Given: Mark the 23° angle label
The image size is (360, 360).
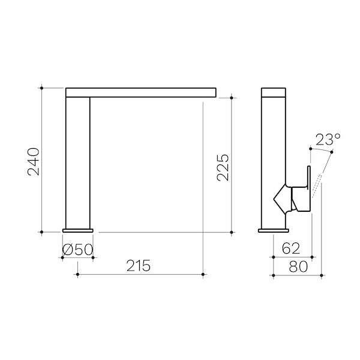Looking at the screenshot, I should pyautogui.click(x=328, y=140).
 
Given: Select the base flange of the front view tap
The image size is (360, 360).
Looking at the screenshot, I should pyautogui.click(x=78, y=229).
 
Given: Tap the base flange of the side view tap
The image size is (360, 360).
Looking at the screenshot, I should pyautogui.click(x=274, y=229).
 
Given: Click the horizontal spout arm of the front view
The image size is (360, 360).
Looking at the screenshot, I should pyautogui.click(x=141, y=92).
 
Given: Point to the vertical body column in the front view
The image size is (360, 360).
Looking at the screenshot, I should pyautogui.click(x=78, y=162).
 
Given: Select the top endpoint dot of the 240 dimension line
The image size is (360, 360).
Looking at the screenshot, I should pyautogui.click(x=41, y=88).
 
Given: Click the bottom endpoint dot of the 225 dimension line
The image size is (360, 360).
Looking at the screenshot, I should pyautogui.click(x=232, y=231).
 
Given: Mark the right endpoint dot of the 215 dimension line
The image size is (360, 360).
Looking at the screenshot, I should pyautogui.click(x=203, y=275).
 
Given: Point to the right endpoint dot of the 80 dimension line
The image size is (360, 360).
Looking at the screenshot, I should pyautogui.click(x=322, y=275).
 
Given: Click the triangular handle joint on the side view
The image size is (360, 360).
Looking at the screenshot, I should pyautogui.click(x=283, y=198).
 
